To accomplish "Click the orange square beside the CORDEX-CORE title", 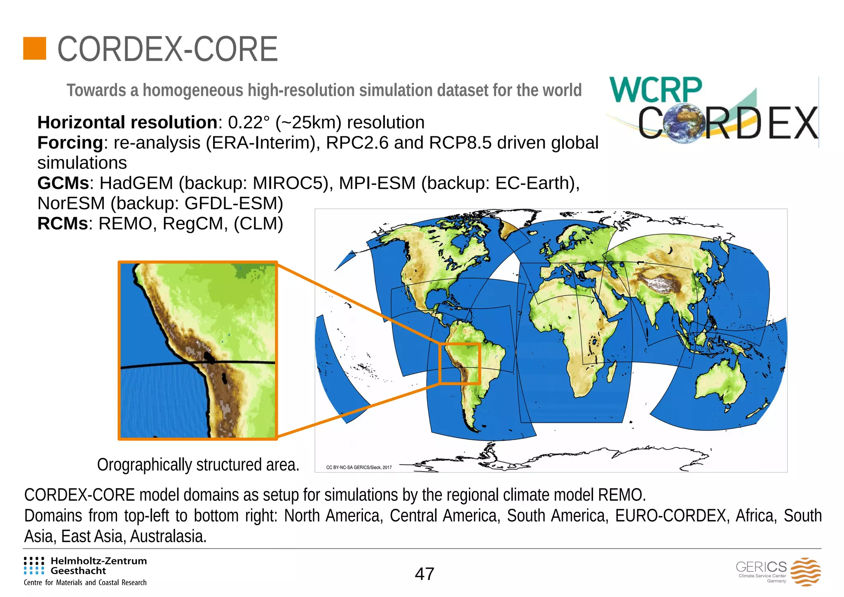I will click(35, 49).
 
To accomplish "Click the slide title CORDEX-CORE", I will click(168, 49).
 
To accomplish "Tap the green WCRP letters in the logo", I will click(655, 90).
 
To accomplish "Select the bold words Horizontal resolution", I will click(127, 122).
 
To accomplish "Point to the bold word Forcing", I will click(70, 143).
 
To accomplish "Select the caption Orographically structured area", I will click(198, 465).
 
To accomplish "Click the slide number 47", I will click(424, 574).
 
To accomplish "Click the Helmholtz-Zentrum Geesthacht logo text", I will click(98, 566).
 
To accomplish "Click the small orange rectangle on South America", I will click(460, 363).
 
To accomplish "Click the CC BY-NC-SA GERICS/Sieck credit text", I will click(359, 467).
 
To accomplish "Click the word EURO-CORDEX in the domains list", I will click(671, 515).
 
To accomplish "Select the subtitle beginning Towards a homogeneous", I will click(324, 90).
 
